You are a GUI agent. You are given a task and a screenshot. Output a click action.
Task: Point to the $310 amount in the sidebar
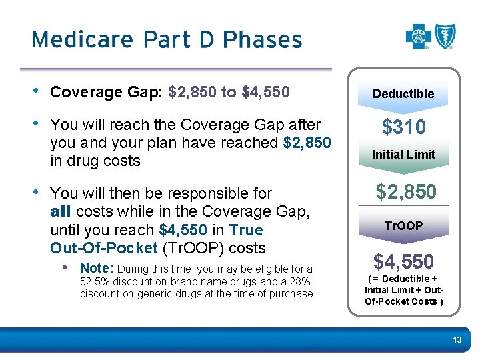[x=403, y=127]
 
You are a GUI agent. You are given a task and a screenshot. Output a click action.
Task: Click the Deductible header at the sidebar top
[x=403, y=94]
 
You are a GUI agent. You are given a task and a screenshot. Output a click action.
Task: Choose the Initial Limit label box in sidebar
[x=403, y=155]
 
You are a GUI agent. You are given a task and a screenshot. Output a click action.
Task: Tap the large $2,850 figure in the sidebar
[x=406, y=192]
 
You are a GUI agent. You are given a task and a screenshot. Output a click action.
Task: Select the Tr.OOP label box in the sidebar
[x=403, y=226]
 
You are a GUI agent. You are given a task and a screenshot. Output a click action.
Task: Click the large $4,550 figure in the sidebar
[x=403, y=261]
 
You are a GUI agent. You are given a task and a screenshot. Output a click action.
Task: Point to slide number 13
[x=457, y=341]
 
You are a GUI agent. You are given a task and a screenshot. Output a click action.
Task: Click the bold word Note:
[x=97, y=268]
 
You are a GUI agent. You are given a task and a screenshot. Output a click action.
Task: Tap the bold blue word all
[x=62, y=212]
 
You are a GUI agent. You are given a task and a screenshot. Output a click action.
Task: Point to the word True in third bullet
[x=245, y=230]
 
